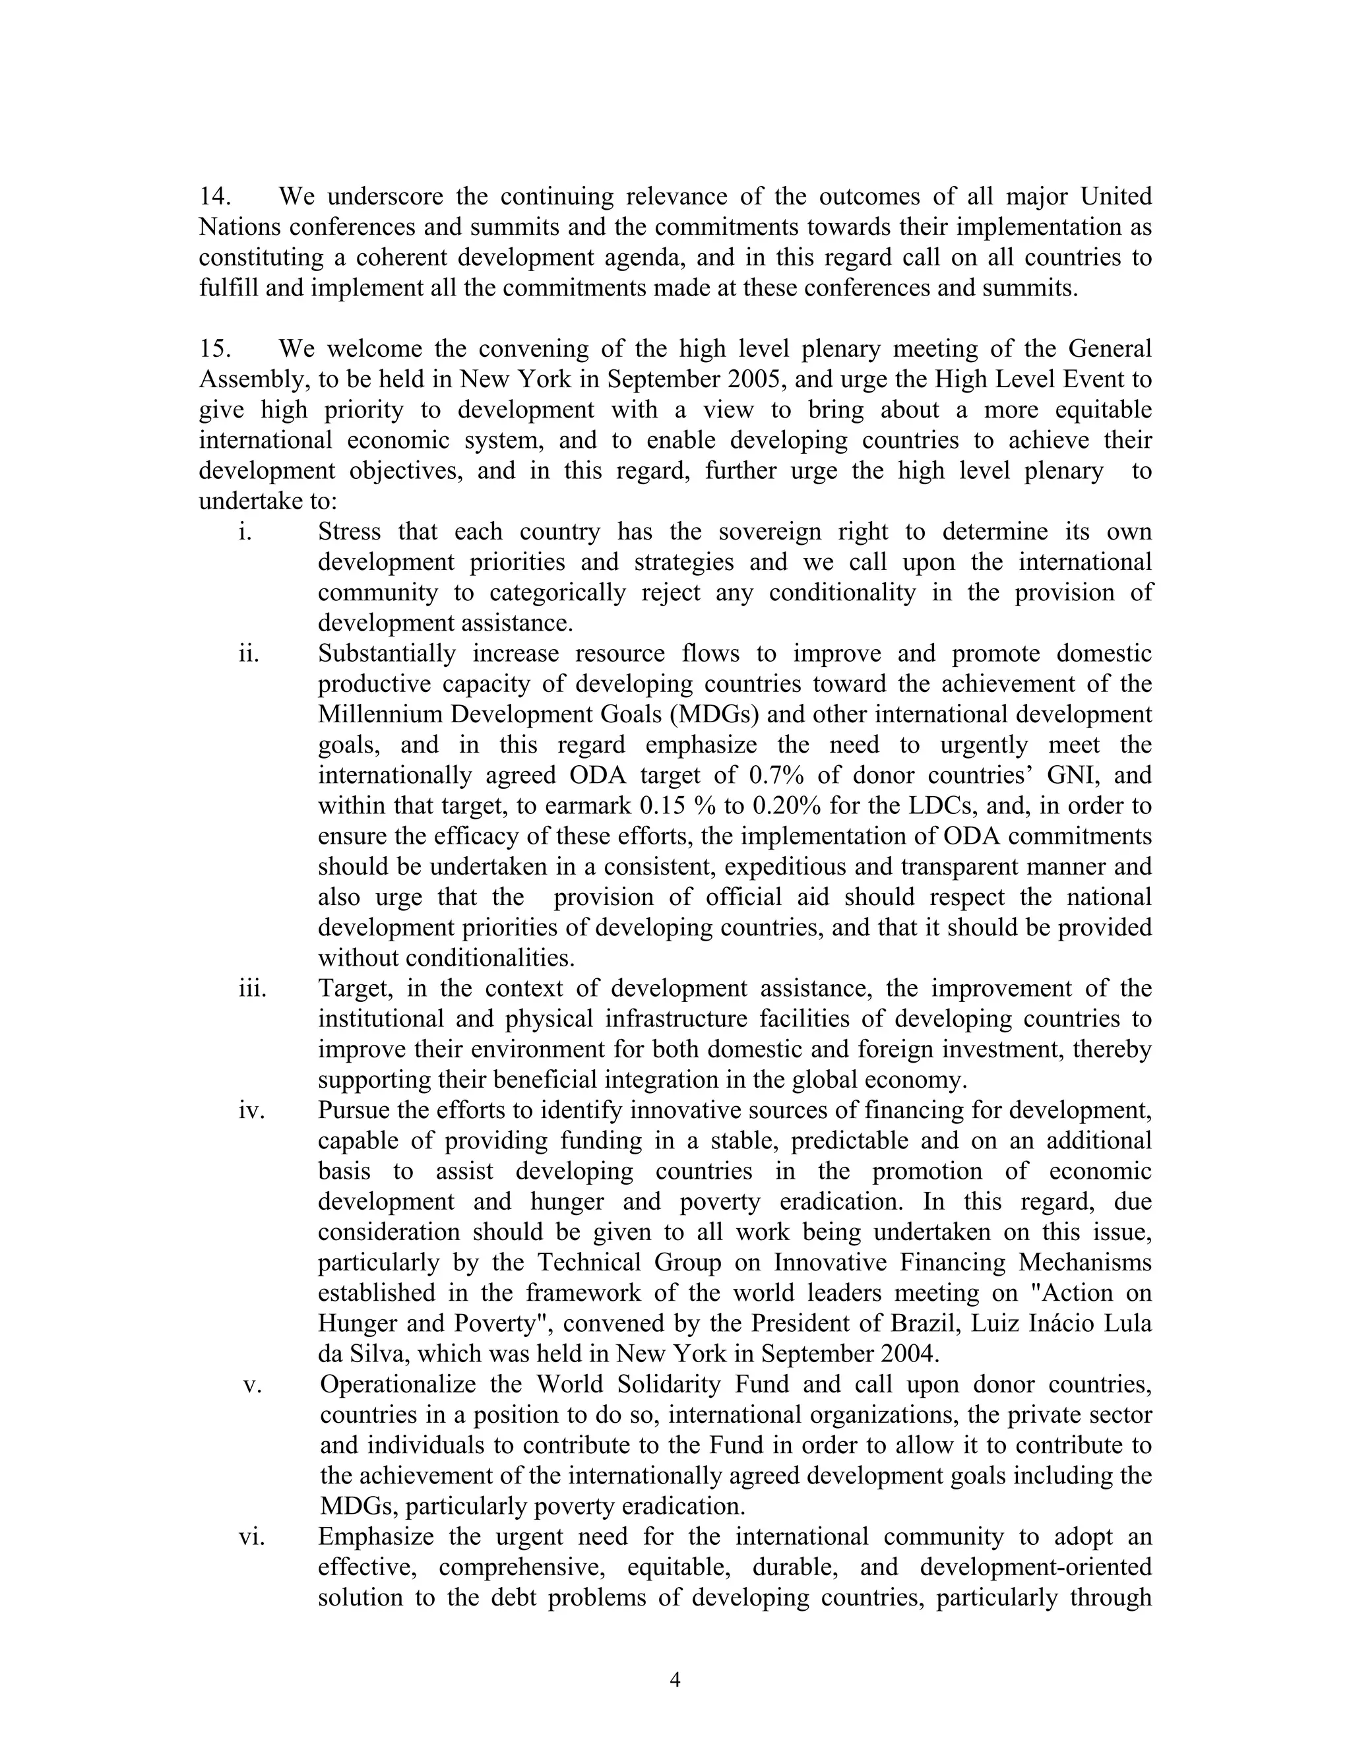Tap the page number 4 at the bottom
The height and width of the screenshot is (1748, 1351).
675,1679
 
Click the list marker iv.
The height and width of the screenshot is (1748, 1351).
251,1110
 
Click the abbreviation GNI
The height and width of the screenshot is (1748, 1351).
1070,776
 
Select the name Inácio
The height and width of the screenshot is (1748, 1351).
1059,1324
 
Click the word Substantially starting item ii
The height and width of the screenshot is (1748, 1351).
387,654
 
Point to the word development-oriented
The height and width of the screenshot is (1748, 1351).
1036,1567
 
